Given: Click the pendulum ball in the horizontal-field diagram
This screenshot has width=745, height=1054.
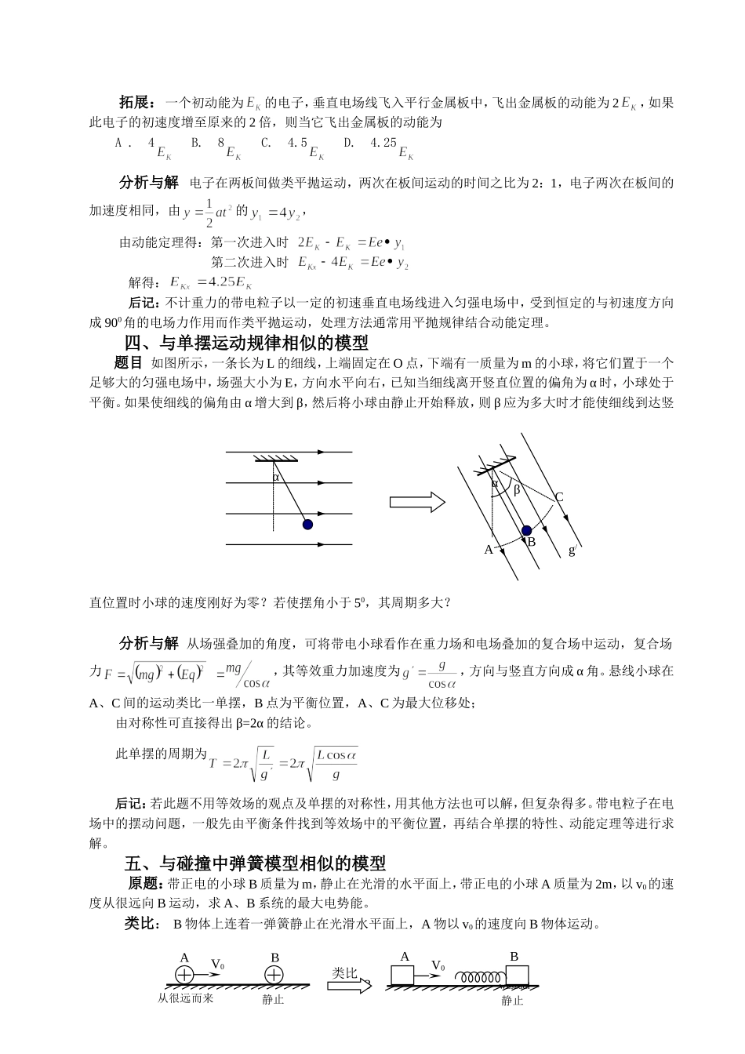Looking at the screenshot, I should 308,524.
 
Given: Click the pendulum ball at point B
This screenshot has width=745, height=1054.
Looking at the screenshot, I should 526,531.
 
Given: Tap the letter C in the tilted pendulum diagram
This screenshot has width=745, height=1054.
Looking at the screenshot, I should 559,497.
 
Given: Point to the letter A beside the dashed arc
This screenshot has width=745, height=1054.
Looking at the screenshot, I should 488,550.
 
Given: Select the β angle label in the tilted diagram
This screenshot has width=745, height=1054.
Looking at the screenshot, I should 517,491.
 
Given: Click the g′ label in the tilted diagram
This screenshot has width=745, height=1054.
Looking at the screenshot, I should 572,550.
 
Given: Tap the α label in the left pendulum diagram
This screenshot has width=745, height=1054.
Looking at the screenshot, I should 275,477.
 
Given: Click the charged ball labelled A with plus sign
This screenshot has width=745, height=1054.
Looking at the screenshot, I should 184,976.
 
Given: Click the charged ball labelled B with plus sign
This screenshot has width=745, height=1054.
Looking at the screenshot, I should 274,976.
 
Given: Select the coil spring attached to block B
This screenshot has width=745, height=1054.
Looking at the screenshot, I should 481,977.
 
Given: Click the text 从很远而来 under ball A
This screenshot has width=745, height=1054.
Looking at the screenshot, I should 185,998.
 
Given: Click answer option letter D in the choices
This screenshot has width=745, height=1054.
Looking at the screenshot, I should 350,143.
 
